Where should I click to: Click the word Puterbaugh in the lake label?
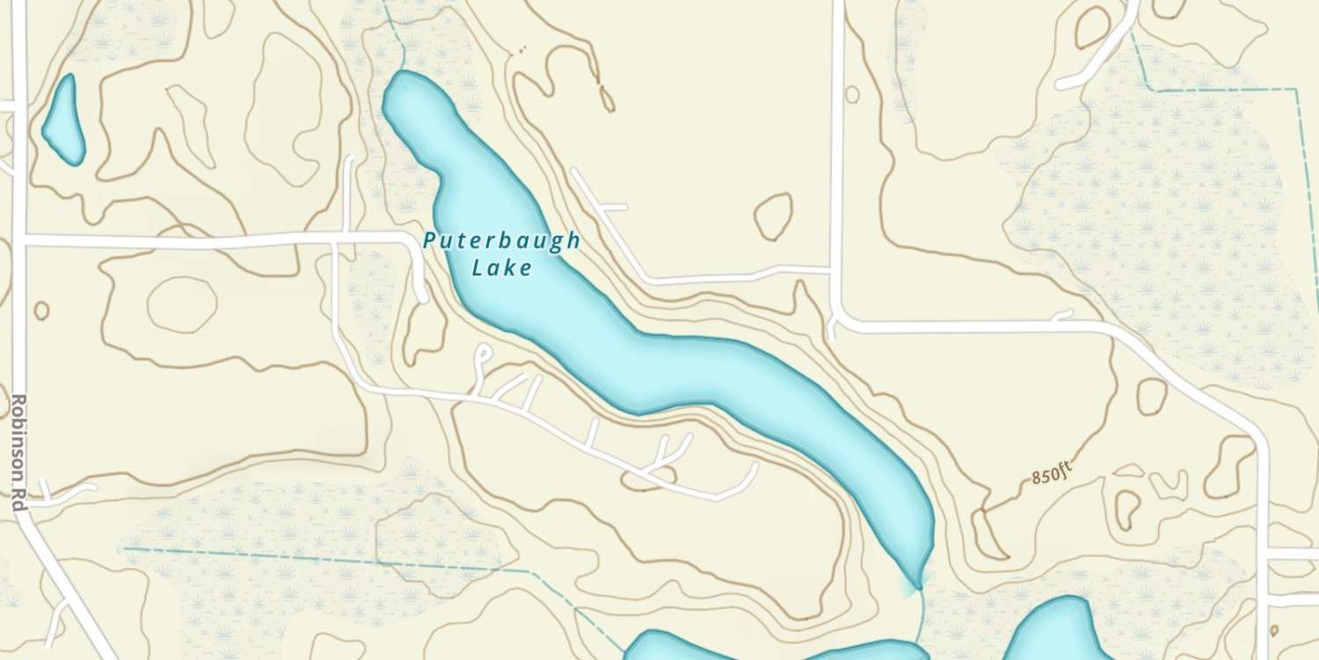tap(501, 241)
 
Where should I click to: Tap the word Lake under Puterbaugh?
tap(502, 268)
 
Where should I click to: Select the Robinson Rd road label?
tap(18, 454)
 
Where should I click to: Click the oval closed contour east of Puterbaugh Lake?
tap(774, 216)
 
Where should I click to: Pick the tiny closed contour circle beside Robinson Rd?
tap(41, 311)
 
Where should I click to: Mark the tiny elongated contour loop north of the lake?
tap(607, 98)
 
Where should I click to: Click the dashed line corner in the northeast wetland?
tap(1154, 89)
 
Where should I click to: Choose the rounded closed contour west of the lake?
tap(182, 304)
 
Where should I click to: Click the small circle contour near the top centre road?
tap(851, 93)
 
